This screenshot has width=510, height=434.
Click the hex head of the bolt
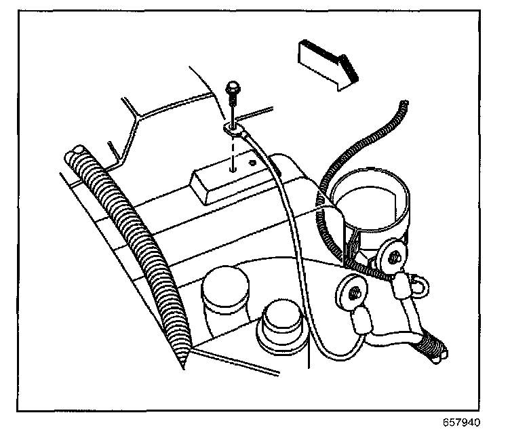point(232,89)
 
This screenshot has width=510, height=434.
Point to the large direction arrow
point(326,61)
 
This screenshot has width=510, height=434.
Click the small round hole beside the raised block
point(252,162)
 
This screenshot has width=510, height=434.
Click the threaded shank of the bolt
point(233,108)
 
